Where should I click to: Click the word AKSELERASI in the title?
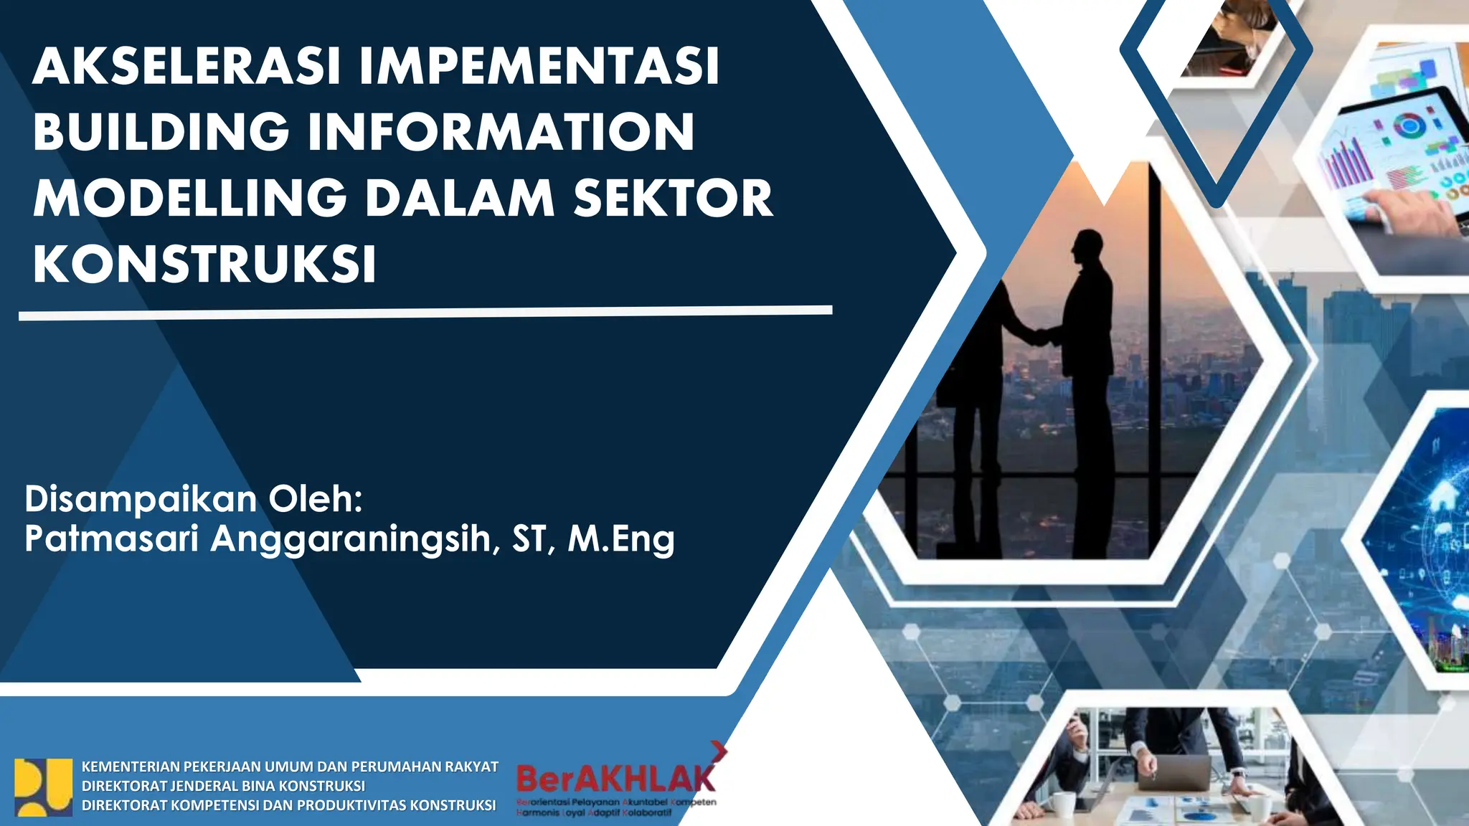(x=186, y=66)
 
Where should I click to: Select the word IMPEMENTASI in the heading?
(x=539, y=66)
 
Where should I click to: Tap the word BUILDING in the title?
(x=161, y=132)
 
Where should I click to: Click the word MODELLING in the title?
(x=190, y=198)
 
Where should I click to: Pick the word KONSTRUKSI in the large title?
(x=204, y=264)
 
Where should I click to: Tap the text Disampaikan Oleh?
(x=194, y=499)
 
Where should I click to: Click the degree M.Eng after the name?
(x=621, y=539)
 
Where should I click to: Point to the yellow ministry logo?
(x=44, y=787)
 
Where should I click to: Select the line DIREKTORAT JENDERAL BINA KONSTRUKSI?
(x=223, y=786)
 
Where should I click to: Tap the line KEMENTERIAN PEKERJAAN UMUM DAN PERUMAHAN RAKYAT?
(x=290, y=766)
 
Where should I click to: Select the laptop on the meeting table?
(x=1184, y=774)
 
